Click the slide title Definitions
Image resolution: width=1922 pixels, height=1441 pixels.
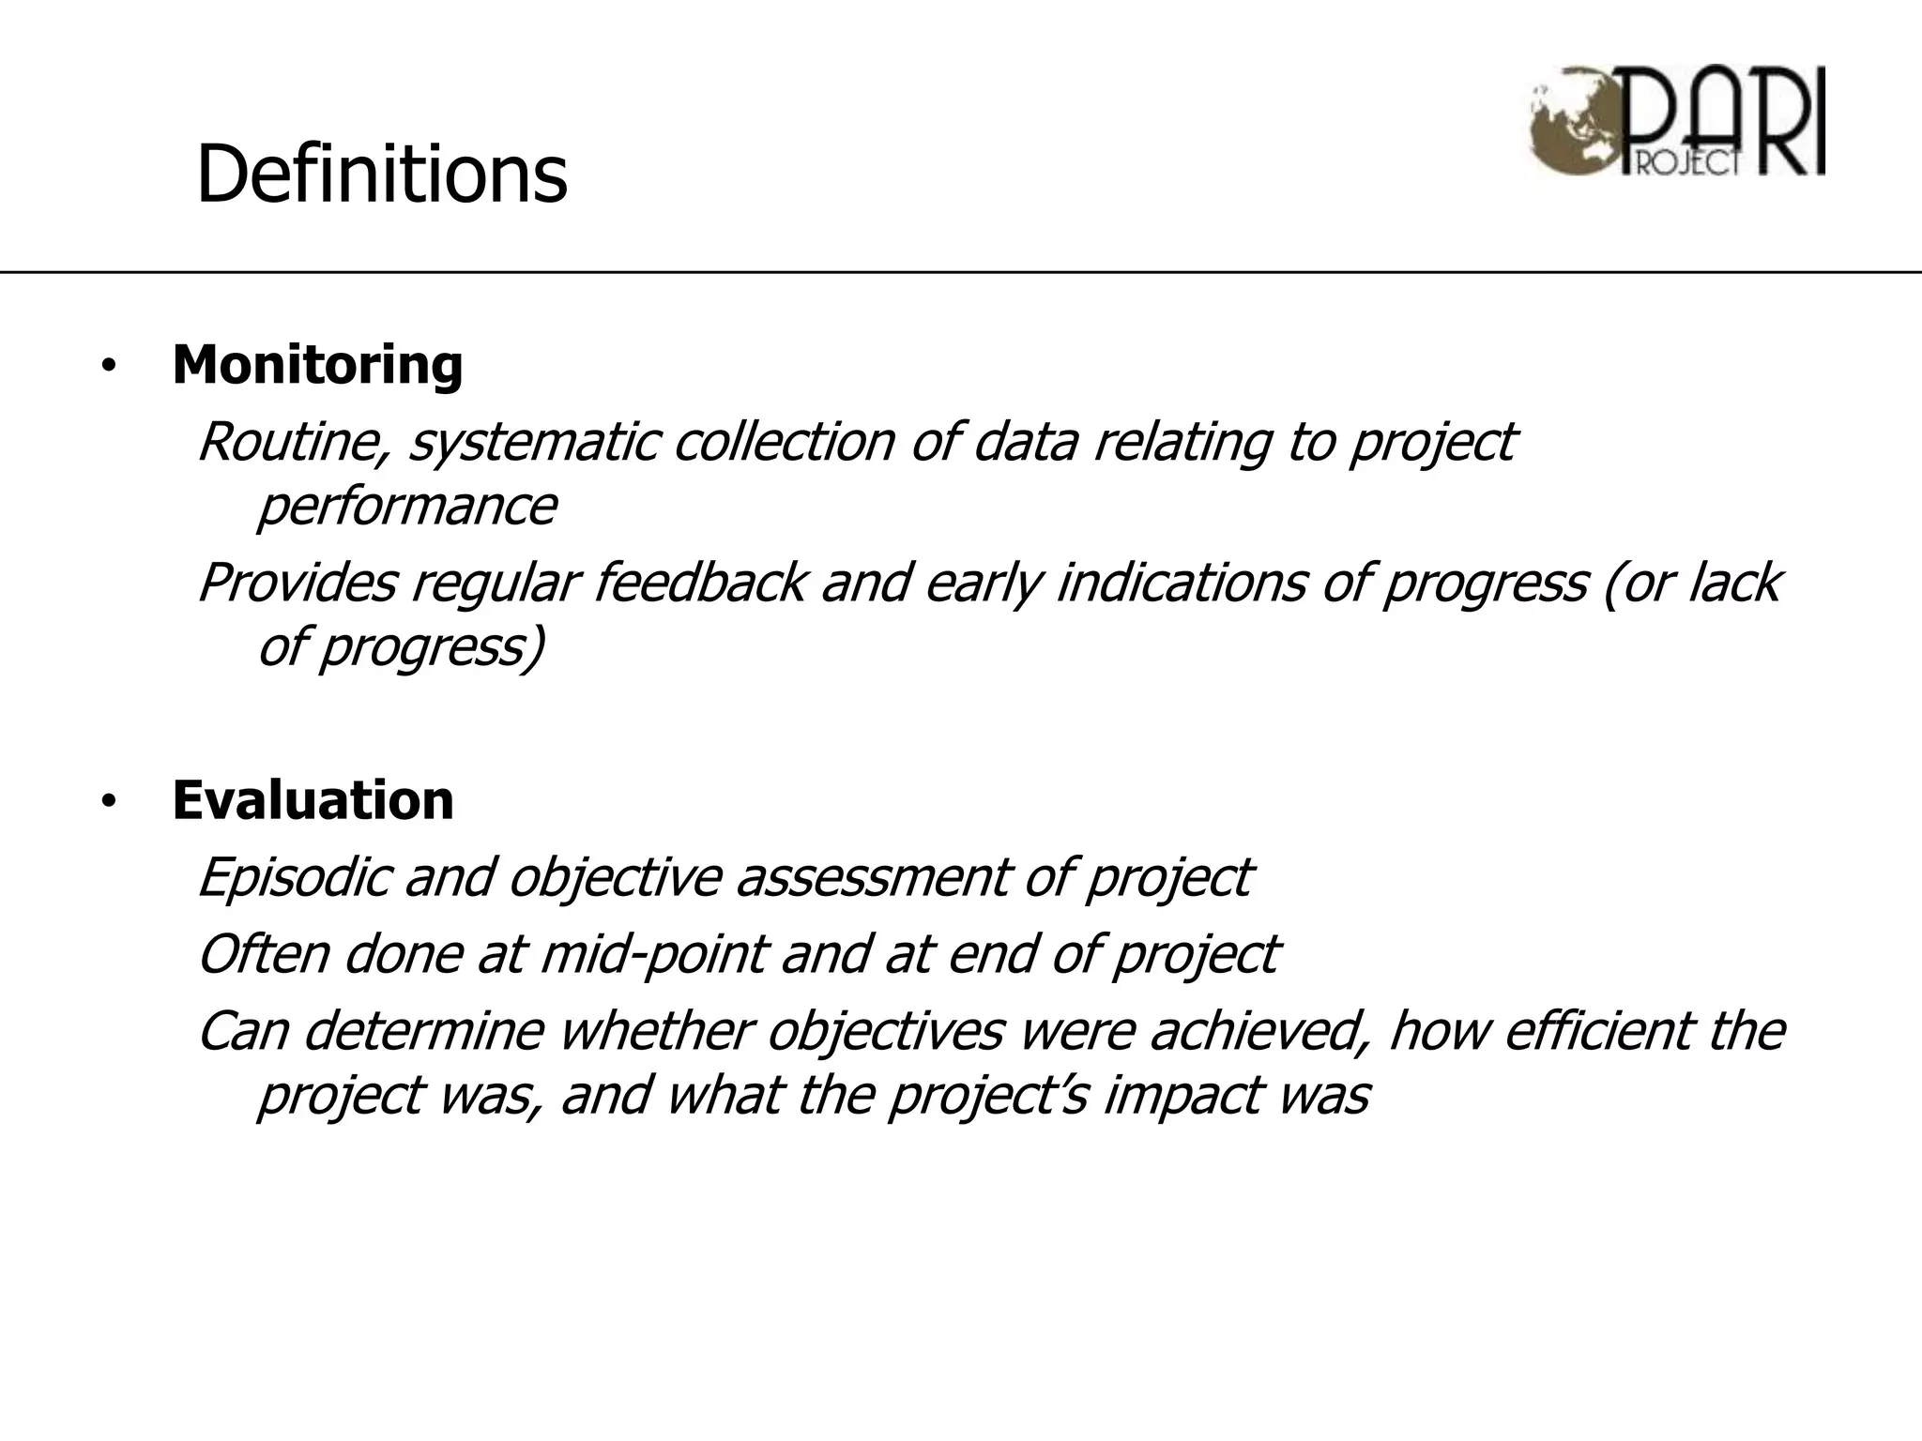381,174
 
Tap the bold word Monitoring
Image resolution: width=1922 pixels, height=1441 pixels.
317,365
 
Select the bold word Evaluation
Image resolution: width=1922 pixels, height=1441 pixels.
313,800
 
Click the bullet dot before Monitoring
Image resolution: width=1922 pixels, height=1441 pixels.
109,367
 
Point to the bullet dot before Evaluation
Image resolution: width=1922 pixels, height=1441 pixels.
109,802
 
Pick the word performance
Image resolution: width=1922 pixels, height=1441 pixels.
406,507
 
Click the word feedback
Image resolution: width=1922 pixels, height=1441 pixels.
700,583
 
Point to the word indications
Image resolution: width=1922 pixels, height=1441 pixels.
1182,583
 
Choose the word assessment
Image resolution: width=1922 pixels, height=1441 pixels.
870,877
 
